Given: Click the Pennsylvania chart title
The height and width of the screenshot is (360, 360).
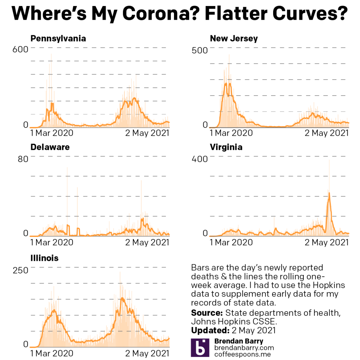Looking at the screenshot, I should [x=58, y=38].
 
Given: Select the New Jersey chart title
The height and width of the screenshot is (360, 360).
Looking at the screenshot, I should [x=234, y=38].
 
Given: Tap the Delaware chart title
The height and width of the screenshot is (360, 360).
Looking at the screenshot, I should [x=50, y=147].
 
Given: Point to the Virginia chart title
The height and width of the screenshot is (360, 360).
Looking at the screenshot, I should [x=226, y=147].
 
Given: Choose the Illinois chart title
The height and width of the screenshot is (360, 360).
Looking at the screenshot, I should [x=44, y=258].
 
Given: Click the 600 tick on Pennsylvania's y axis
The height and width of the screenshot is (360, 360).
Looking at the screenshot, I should [x=20, y=50].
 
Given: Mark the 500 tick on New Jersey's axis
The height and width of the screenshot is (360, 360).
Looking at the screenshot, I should [x=200, y=50].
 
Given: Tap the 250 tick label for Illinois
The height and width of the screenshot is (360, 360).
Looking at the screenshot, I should [x=20, y=270].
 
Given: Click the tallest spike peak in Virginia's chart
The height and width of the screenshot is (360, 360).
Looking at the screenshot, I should [x=329, y=160].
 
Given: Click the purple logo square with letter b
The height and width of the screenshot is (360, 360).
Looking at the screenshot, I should [x=200, y=348].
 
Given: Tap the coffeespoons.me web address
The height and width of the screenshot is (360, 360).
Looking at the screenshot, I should [x=242, y=354].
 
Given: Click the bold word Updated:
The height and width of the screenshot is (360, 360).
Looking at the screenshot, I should [x=209, y=330].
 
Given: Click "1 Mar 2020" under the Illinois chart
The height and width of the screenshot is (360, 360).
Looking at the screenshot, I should [x=52, y=353].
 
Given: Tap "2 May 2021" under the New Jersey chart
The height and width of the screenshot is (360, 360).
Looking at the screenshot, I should [x=327, y=133].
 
